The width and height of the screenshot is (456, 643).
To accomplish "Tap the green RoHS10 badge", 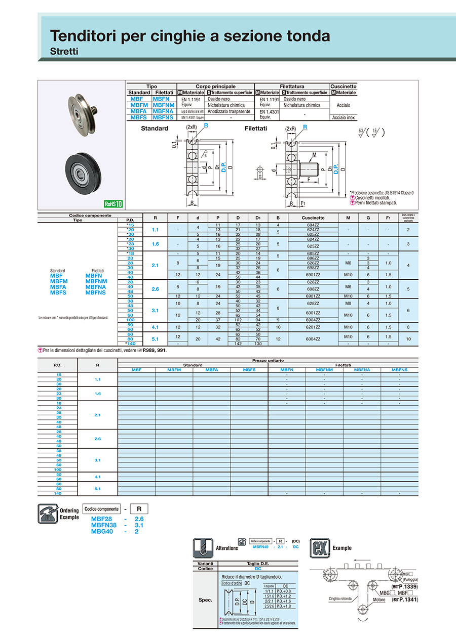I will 113,204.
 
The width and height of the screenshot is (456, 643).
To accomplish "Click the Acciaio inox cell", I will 344,117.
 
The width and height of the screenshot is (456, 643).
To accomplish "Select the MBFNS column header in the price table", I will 399,370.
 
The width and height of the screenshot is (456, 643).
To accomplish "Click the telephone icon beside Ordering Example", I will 45,513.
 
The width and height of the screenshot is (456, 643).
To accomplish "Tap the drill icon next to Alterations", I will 201,547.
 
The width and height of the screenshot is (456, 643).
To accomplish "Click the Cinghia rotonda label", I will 340,598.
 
